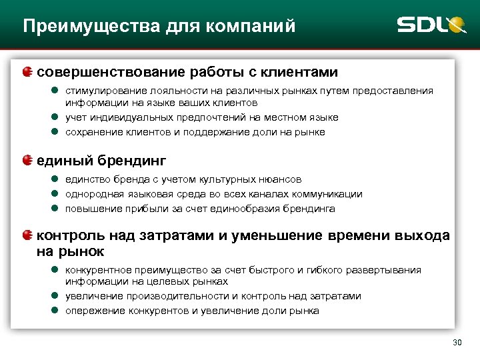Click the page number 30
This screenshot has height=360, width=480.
tap(457, 343)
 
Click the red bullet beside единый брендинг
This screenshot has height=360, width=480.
tap(27, 160)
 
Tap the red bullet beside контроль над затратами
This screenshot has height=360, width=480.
tap(27, 235)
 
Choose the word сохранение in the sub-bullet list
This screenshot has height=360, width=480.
tap(91, 132)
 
